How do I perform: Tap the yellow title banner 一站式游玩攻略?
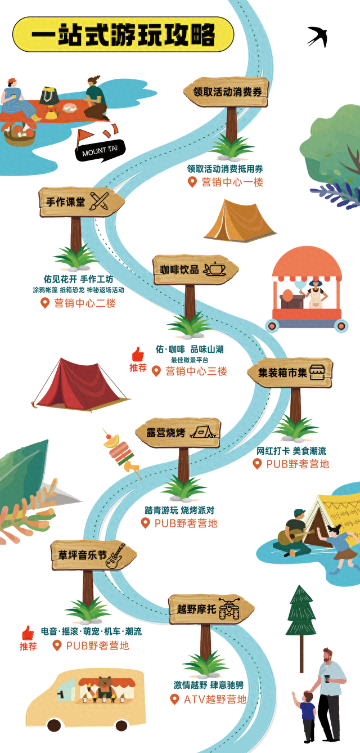123,34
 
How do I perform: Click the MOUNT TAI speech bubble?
100,150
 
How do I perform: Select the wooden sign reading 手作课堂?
82,202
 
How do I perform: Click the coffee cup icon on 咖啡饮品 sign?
215,269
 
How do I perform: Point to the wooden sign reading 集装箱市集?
290,373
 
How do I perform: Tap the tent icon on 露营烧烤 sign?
202,432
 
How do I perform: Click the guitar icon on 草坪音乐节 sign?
115,556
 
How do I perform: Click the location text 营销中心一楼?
232,182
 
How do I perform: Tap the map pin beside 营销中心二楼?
44,303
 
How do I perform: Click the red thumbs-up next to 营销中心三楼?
138,355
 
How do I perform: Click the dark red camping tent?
80,384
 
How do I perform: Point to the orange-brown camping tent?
240,221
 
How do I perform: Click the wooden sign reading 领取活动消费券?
226,92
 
